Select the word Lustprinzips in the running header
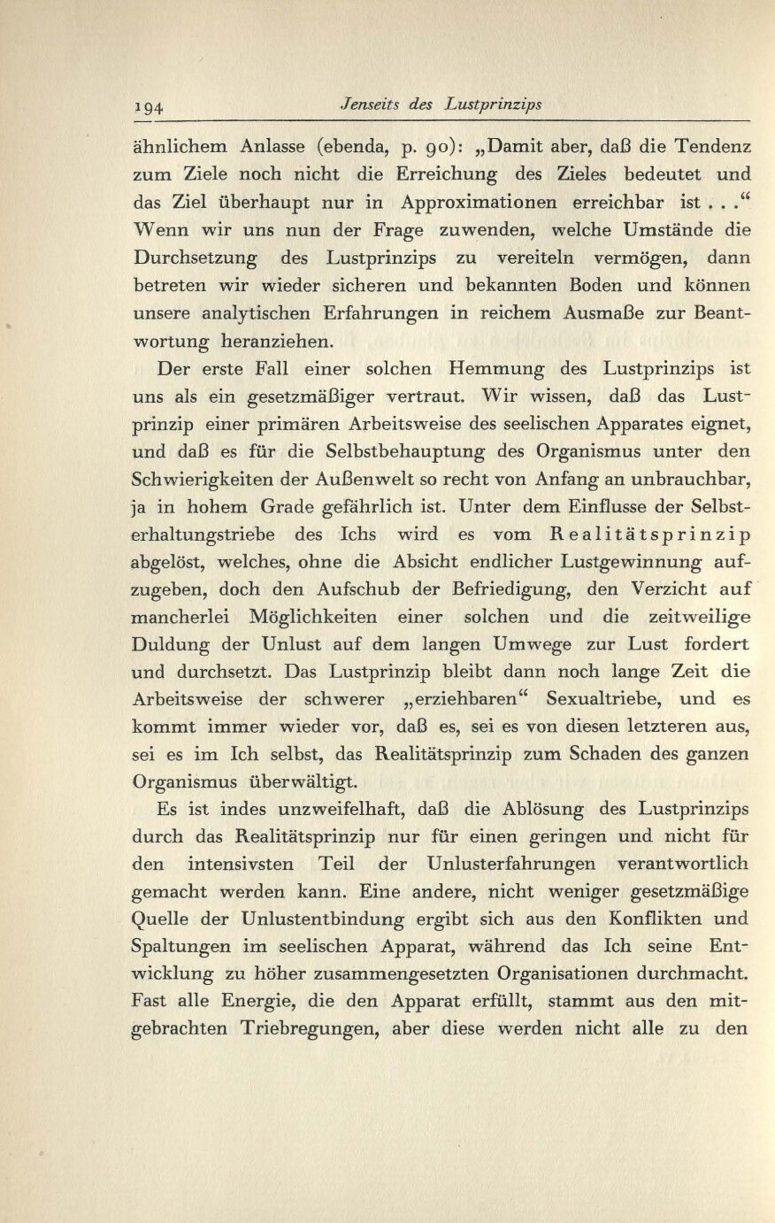click(492, 104)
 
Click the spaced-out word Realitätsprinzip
click(650, 535)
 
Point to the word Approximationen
click(479, 202)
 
